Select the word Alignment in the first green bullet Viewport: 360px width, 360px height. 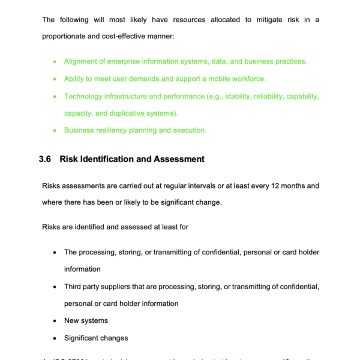coord(83,61)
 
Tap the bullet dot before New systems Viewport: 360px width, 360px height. coord(55,321)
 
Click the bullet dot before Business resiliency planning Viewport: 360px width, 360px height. coord(55,130)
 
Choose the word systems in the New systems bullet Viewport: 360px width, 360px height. coord(95,321)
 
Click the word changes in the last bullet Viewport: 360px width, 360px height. coord(113,338)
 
